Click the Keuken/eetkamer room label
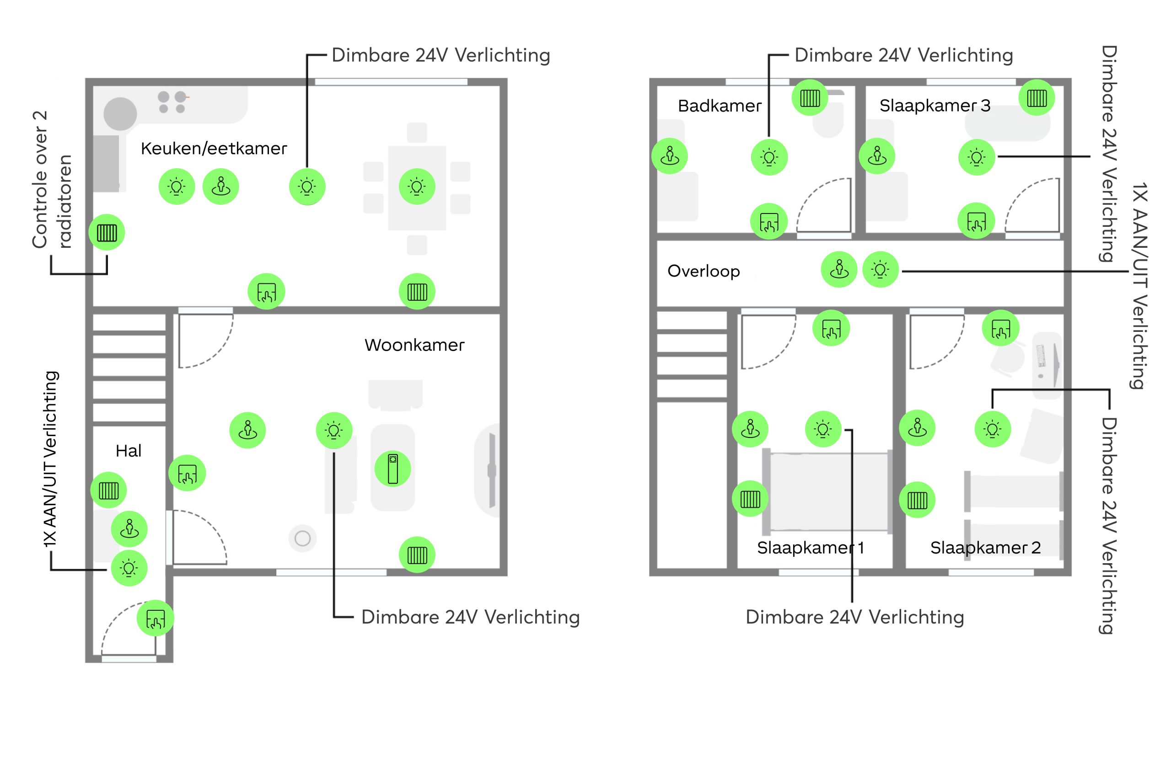click(214, 149)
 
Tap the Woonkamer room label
click(414, 345)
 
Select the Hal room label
click(129, 450)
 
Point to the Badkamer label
click(720, 106)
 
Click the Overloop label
click(704, 272)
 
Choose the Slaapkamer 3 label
click(935, 105)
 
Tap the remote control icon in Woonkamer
click(392, 469)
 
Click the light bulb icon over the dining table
click(417, 187)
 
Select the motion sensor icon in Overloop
click(839, 269)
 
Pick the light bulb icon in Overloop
click(880, 269)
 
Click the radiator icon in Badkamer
click(810, 98)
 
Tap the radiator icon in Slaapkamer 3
click(1037, 98)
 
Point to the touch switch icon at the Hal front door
click(156, 618)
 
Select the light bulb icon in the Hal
click(129, 568)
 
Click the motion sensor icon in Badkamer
click(670, 156)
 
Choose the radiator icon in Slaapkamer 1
click(750, 499)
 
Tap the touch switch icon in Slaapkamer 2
click(1001, 328)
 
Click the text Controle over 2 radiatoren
click(52, 180)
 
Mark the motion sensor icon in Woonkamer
click(247, 430)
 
